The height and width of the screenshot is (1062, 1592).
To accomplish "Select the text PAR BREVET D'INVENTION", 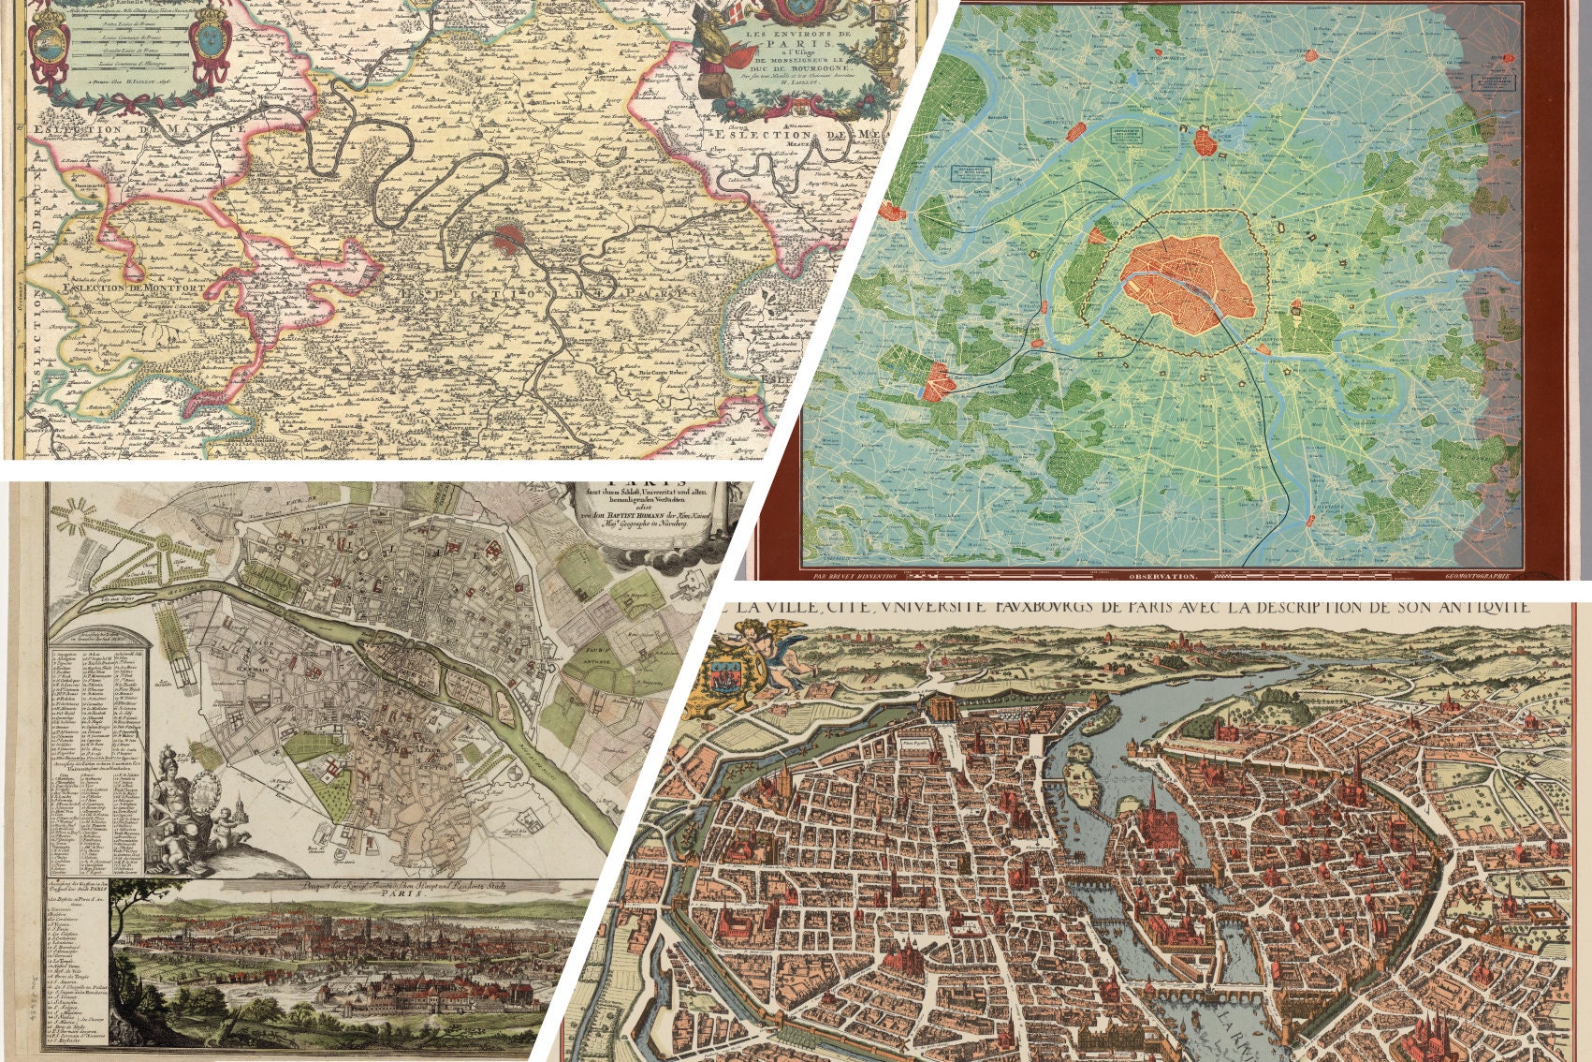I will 855,577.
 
